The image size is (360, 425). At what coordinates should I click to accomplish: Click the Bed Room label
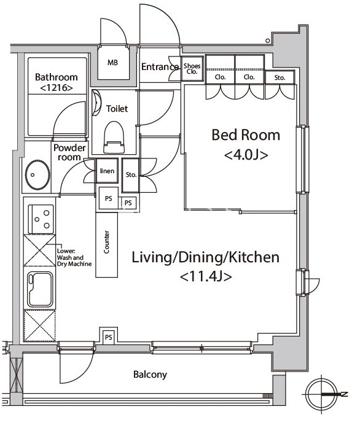pyautogui.click(x=246, y=135)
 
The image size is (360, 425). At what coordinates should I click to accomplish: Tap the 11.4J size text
pyautogui.click(x=206, y=277)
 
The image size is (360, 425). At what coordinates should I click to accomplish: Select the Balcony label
pyautogui.click(x=150, y=375)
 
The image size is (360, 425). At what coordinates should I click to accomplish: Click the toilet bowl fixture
pyautogui.click(x=114, y=137)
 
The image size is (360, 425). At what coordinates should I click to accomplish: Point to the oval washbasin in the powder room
pyautogui.click(x=37, y=175)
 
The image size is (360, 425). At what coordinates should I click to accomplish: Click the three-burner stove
pyautogui.click(x=41, y=219)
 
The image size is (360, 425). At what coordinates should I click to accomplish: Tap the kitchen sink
pyautogui.click(x=41, y=289)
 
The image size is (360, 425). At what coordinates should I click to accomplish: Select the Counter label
pyautogui.click(x=106, y=242)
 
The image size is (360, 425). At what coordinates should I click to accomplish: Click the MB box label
pyautogui.click(x=113, y=63)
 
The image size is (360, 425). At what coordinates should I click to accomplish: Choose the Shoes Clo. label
pyautogui.click(x=192, y=69)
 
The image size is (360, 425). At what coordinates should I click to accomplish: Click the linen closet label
pyautogui.click(x=107, y=171)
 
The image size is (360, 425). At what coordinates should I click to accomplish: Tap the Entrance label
pyautogui.click(x=160, y=67)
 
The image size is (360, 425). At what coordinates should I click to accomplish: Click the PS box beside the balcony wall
pyautogui.click(x=109, y=337)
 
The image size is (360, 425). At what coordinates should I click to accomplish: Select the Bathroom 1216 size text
pyautogui.click(x=57, y=88)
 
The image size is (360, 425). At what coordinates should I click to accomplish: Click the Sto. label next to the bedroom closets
pyautogui.click(x=280, y=78)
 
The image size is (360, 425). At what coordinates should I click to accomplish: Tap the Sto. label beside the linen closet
pyautogui.click(x=131, y=175)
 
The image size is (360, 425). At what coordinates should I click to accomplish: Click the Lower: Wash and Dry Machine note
pyautogui.click(x=74, y=257)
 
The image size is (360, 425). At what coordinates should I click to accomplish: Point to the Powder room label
pyautogui.click(x=69, y=152)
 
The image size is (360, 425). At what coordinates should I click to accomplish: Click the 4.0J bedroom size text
pyautogui.click(x=246, y=155)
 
